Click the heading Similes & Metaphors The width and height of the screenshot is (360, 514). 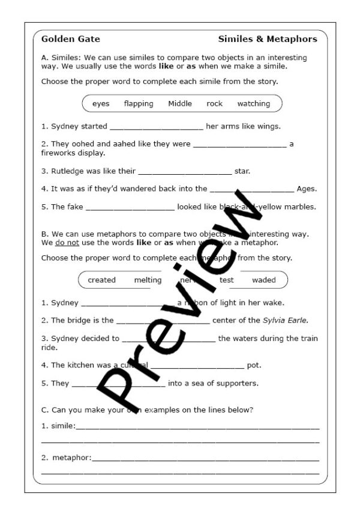[x=268, y=39]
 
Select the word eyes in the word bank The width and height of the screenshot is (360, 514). [x=101, y=103]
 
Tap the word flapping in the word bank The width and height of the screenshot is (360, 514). [x=139, y=103]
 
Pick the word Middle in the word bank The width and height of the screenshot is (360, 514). [x=180, y=103]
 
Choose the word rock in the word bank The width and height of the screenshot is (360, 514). [x=214, y=103]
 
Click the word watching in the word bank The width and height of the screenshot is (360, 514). [x=254, y=103]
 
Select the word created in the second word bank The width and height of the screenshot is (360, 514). [x=102, y=280]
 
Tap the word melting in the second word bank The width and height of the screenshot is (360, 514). [x=148, y=280]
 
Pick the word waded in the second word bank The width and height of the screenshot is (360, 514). [x=264, y=280]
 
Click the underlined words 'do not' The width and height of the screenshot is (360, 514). [x=67, y=243]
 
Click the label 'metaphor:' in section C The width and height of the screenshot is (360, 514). [x=72, y=458]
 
